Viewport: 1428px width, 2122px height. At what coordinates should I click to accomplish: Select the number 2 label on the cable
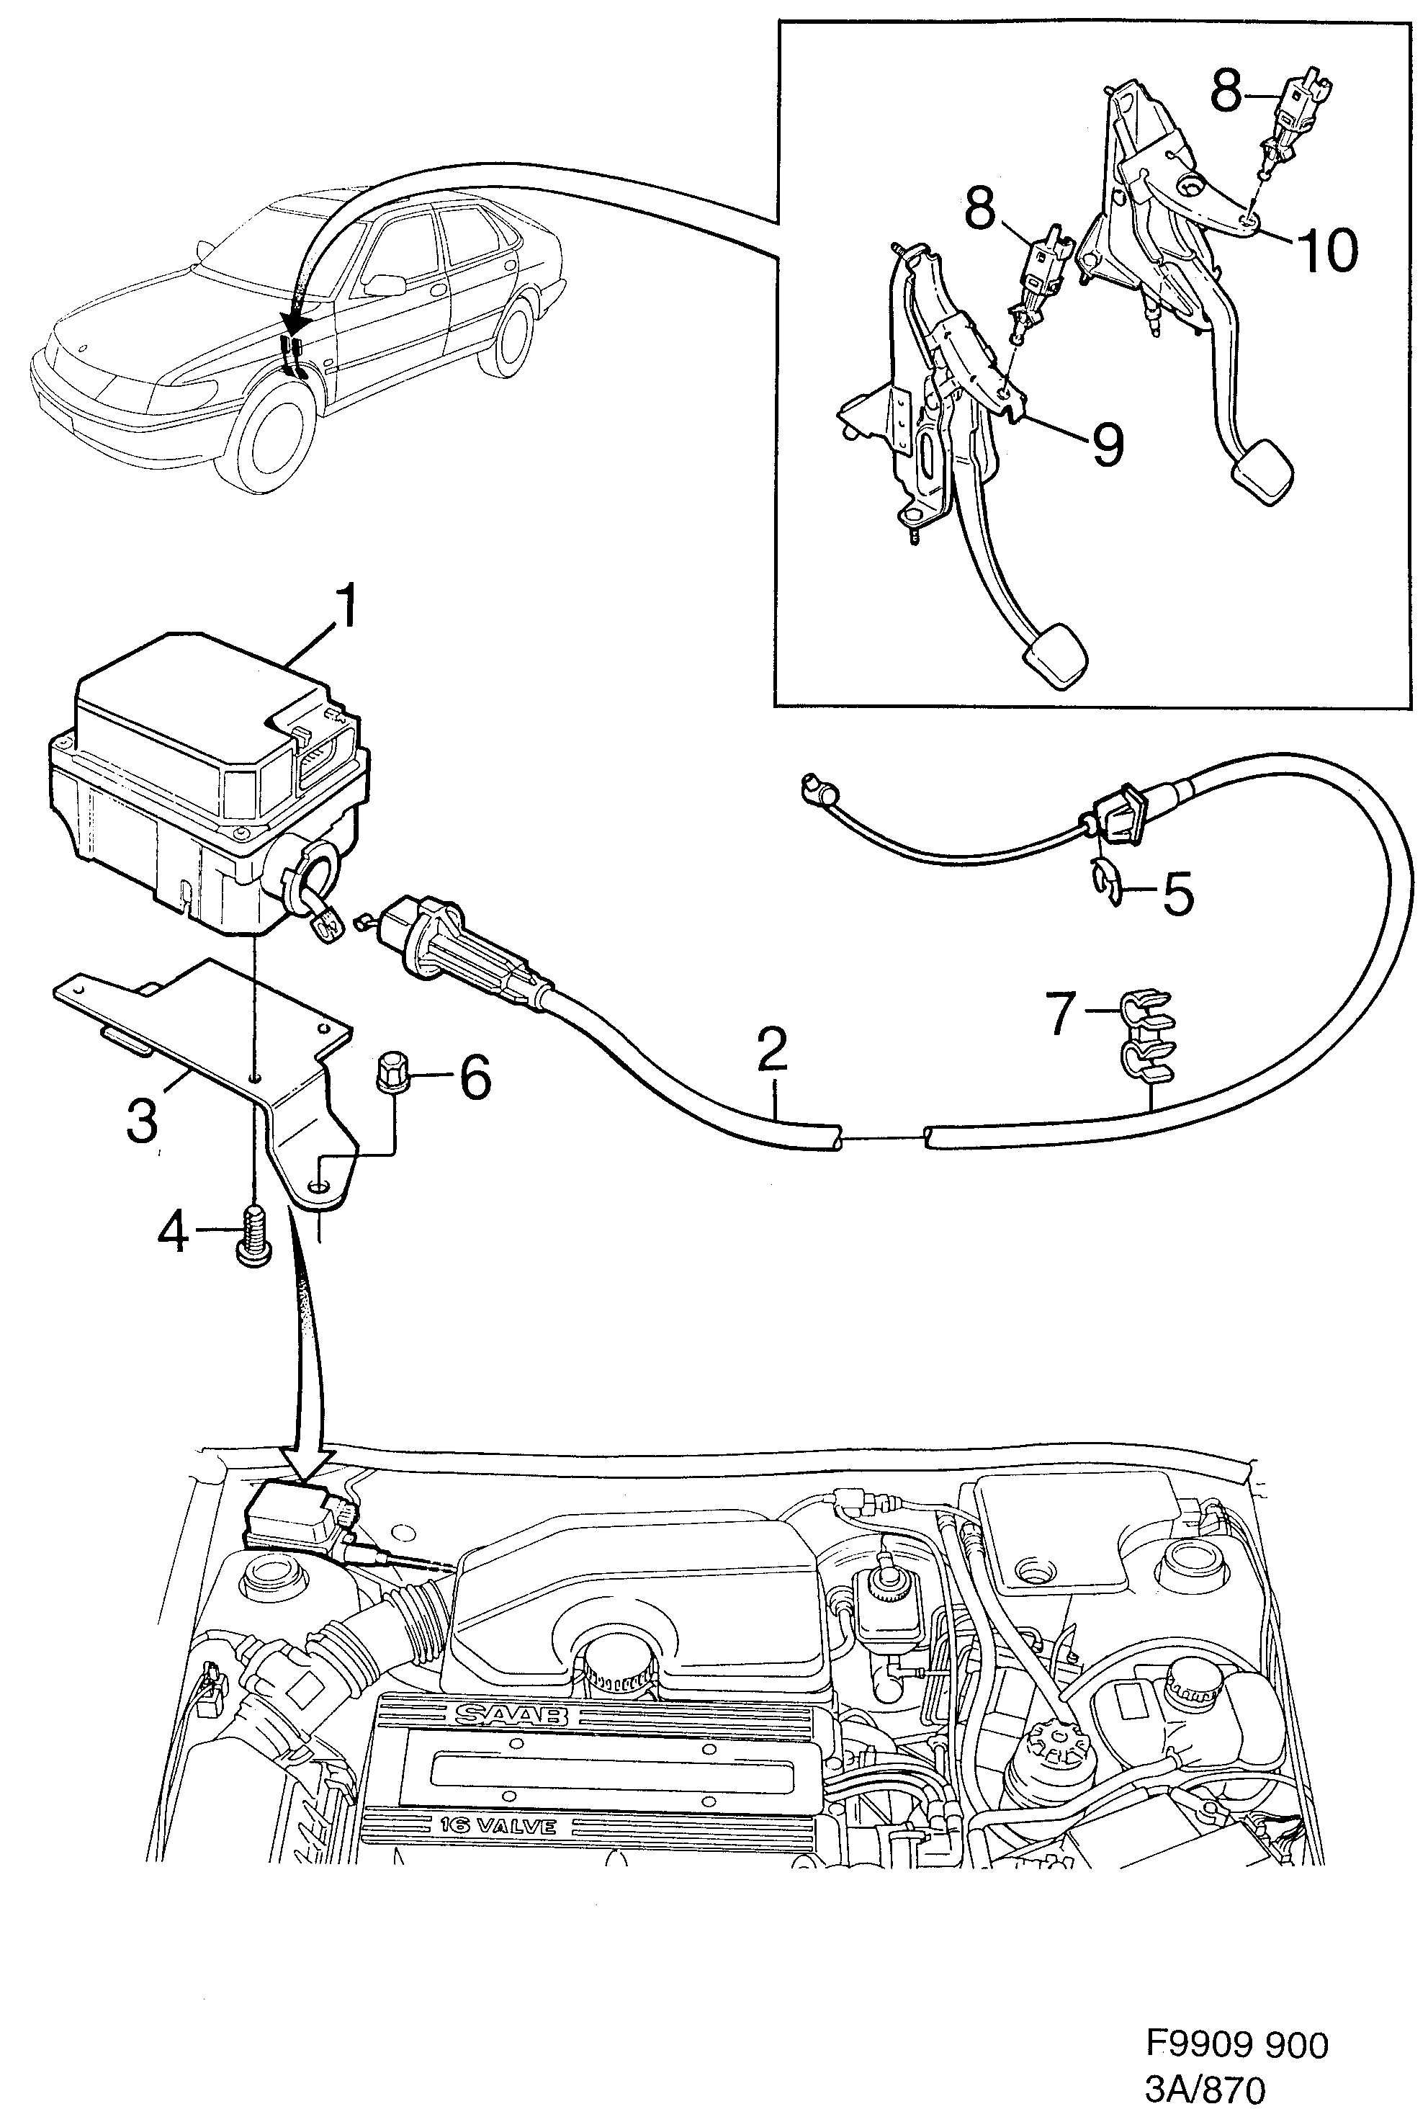(771, 1049)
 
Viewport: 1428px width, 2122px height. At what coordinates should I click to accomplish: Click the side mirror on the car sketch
(386, 284)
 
